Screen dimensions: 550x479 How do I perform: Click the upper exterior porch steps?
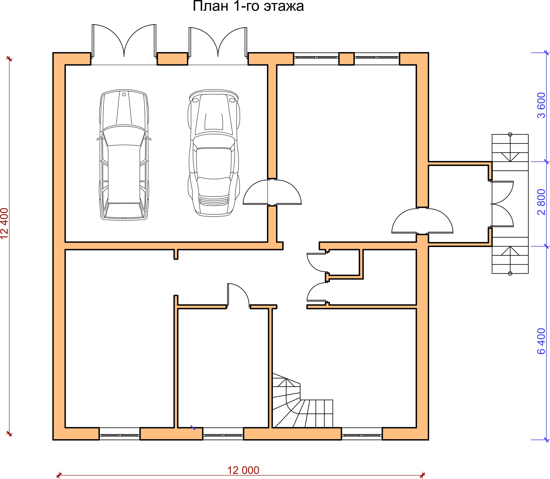[x=510, y=148]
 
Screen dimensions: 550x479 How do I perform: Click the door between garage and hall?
[x=272, y=192]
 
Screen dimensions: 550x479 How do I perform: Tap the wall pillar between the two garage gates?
[x=172, y=59]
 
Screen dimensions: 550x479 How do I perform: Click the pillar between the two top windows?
[x=347, y=59]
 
